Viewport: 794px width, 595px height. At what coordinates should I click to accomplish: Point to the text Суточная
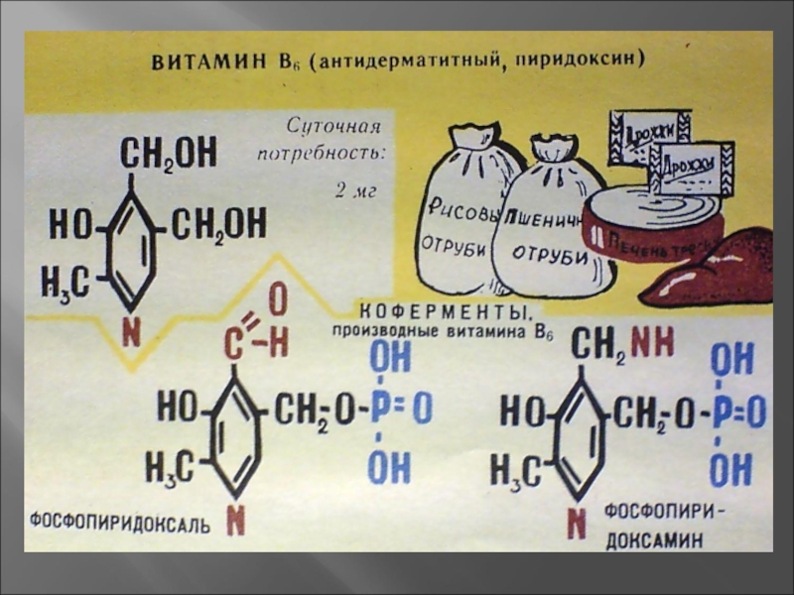tap(331, 128)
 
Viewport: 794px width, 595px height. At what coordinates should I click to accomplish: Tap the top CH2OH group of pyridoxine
tap(168, 153)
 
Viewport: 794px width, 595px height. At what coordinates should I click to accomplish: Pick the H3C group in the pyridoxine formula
tap(65, 282)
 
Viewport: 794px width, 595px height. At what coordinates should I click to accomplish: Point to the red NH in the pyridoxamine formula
tap(651, 343)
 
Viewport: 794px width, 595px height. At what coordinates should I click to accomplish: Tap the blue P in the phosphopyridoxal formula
tap(377, 409)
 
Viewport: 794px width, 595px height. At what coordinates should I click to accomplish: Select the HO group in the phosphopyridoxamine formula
tap(522, 410)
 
